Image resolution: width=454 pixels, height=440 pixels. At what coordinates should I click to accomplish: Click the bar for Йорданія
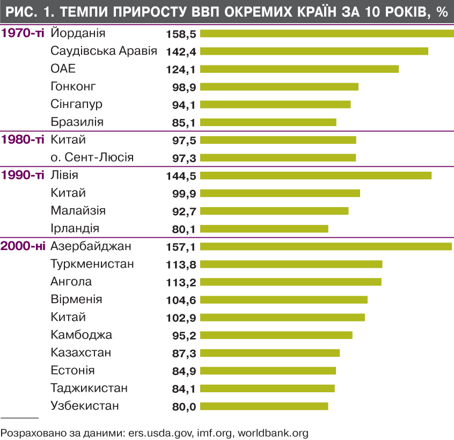click(x=327, y=33)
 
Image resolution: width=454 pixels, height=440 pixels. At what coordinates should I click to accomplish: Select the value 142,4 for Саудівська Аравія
click(x=181, y=52)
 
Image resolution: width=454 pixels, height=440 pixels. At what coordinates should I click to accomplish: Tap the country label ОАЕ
click(x=63, y=69)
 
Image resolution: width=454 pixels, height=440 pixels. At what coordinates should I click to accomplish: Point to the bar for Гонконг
click(x=279, y=87)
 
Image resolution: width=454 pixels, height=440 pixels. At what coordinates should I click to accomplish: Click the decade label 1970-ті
click(x=23, y=33)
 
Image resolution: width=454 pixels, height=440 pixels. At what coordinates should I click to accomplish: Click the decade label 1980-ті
click(x=23, y=140)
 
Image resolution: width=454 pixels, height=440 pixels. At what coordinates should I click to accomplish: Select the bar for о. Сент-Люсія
click(x=278, y=158)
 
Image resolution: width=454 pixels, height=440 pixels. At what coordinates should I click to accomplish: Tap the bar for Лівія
click(x=316, y=175)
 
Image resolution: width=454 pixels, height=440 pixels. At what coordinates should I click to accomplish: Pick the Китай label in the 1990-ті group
click(x=68, y=193)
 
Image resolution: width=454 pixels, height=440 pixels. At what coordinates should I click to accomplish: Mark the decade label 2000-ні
click(x=23, y=246)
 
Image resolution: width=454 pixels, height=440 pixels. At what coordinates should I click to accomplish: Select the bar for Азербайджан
click(x=326, y=246)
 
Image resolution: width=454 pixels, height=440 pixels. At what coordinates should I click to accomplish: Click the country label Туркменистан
click(x=92, y=264)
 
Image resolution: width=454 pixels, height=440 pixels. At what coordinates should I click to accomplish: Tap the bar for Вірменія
click(x=284, y=299)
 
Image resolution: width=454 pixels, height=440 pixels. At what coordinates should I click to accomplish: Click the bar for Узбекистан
click(x=264, y=406)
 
